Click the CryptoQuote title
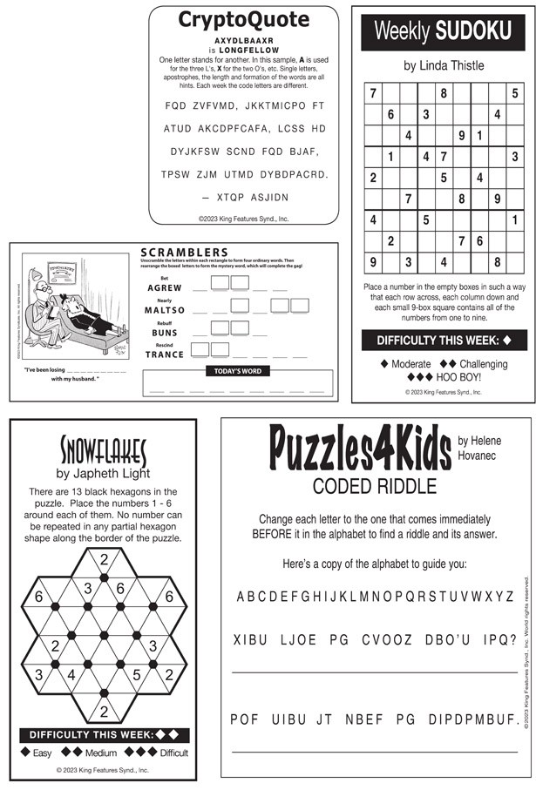pos(243,20)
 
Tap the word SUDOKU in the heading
pos(473,32)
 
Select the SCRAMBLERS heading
pos(190,253)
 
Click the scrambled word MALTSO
pos(165,310)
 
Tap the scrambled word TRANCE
pos(165,354)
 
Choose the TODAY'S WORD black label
pos(238,371)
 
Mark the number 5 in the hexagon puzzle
pos(137,674)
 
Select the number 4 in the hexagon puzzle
pos(71,674)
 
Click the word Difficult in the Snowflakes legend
pos(173,753)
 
